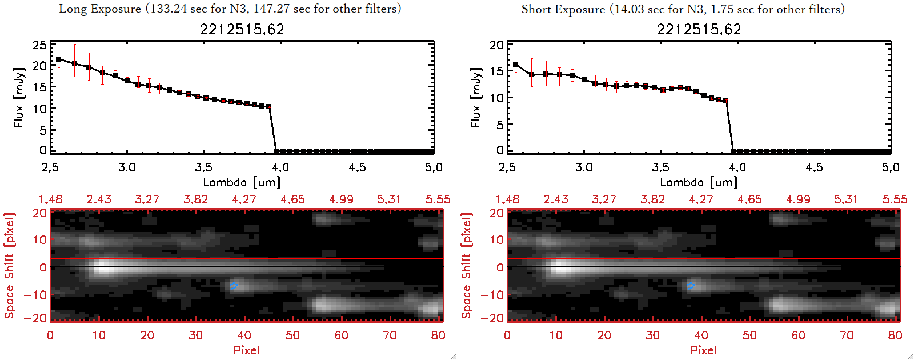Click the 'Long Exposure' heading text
100,9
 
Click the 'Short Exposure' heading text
563,9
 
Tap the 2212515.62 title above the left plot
242,29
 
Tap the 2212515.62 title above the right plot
699,29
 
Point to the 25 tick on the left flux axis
39,45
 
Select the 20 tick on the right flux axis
496,45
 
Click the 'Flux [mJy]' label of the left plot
19,97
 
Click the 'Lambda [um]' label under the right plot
699,182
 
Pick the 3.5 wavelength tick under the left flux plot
203,167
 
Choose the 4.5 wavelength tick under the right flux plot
814,167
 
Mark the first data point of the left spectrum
58,59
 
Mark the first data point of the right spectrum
516,65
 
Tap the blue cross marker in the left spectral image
234,285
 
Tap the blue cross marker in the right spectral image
691,285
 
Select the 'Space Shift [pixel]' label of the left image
9,266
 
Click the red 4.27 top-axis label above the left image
244,199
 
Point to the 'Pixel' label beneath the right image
703,350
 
